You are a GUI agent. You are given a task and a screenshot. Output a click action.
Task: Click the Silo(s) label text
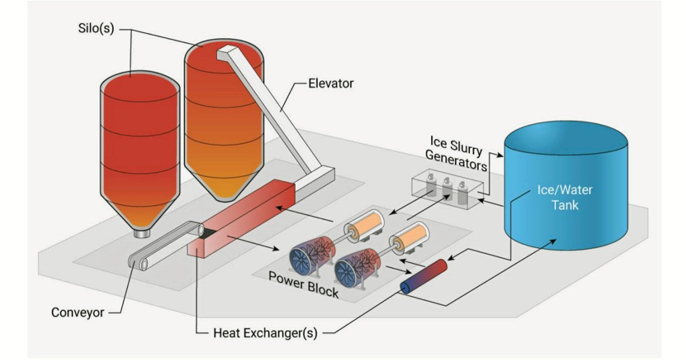(96, 29)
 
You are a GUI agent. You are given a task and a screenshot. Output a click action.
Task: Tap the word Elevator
(331, 83)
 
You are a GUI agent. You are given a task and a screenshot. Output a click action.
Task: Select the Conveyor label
(78, 312)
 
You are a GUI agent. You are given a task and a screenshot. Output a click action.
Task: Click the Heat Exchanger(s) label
(265, 333)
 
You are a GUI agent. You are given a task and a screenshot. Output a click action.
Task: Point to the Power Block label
(304, 285)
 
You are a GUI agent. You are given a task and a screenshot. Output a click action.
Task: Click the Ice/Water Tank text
(565, 197)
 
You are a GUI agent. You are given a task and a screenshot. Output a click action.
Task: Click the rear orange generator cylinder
(366, 225)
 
